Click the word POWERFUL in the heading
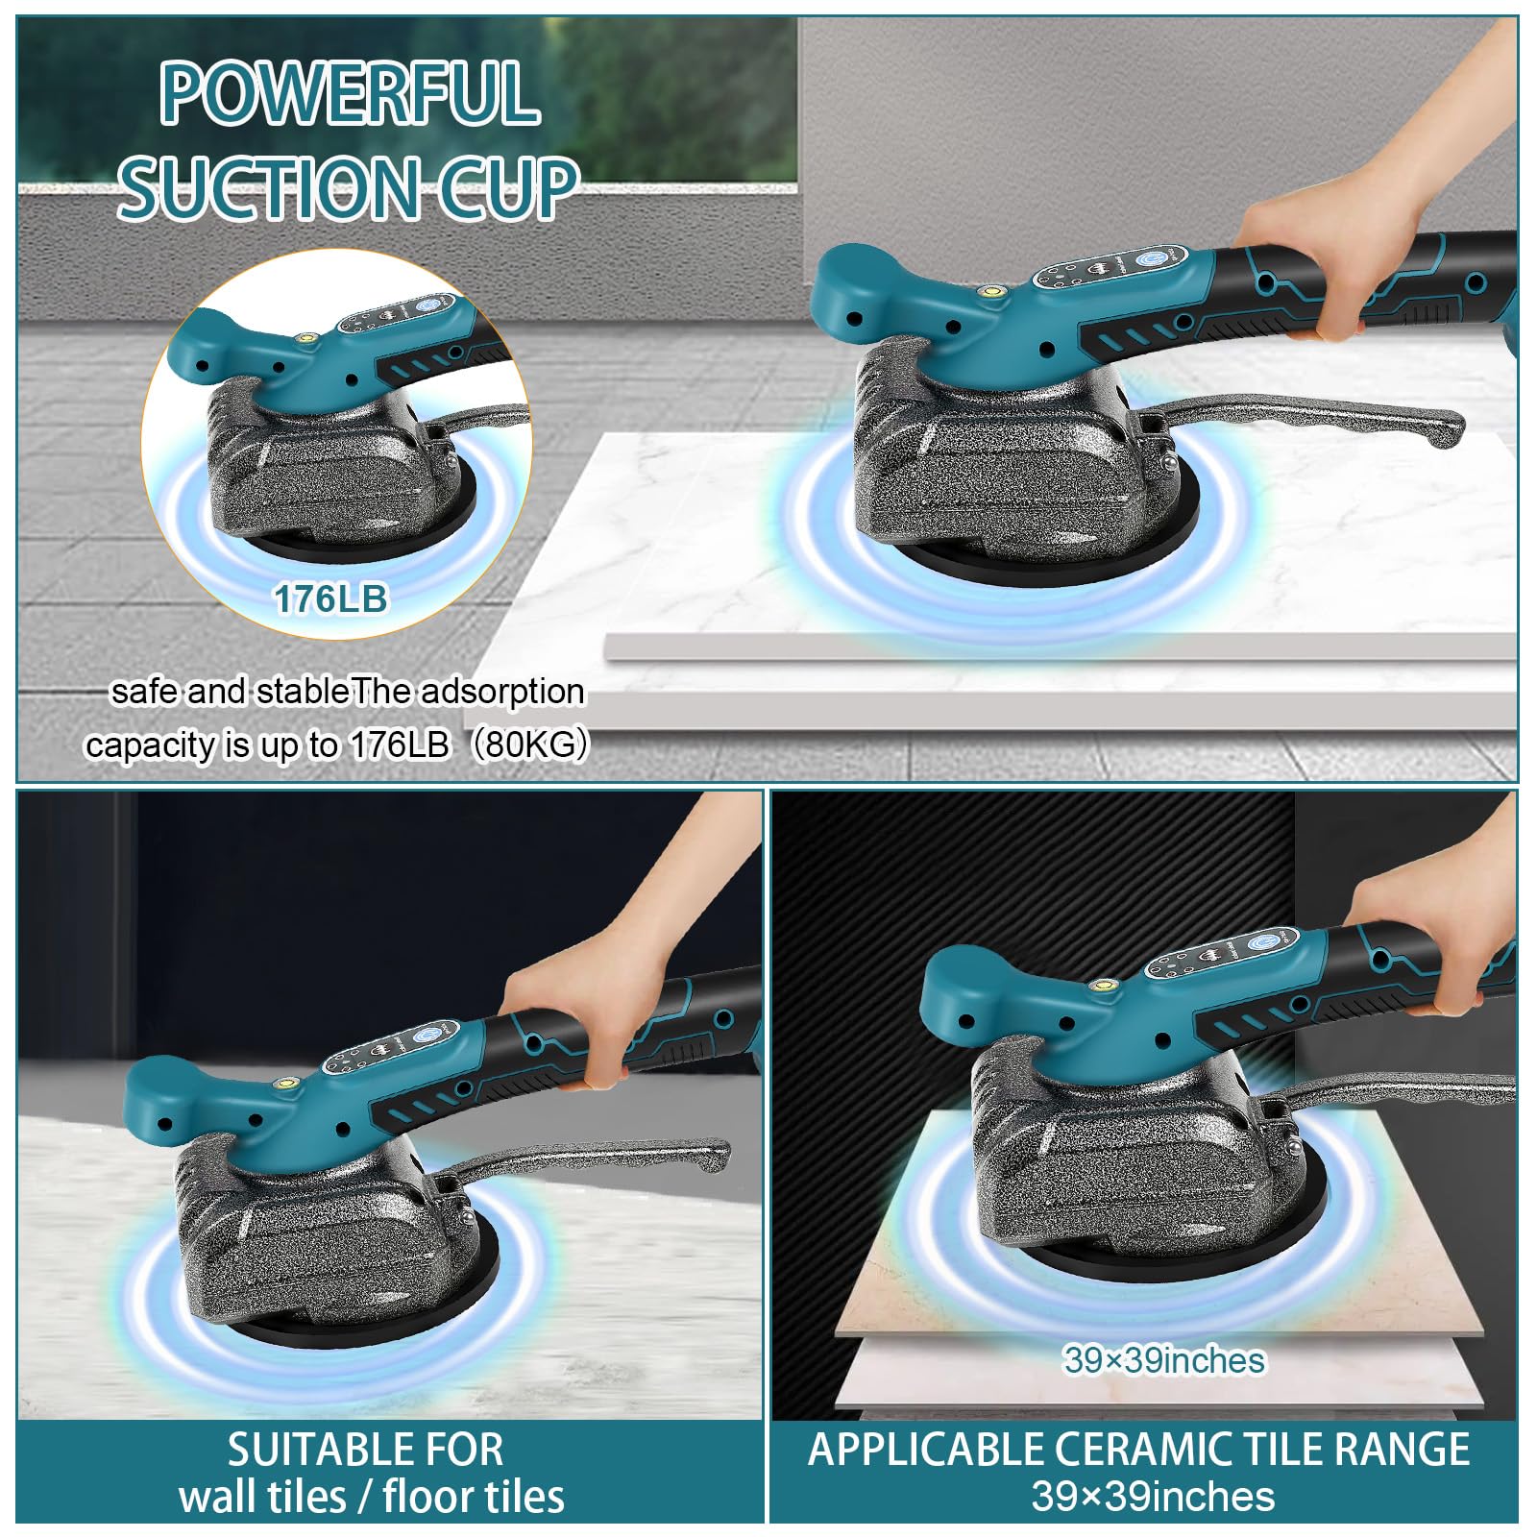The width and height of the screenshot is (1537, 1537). [349, 93]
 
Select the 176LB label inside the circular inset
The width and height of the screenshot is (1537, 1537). [330, 598]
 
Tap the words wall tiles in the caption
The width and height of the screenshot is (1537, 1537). [262, 1497]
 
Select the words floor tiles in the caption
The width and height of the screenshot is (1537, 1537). [474, 1497]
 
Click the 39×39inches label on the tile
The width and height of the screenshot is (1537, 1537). [1163, 1360]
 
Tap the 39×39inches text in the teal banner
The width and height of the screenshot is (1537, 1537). [1153, 1497]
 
